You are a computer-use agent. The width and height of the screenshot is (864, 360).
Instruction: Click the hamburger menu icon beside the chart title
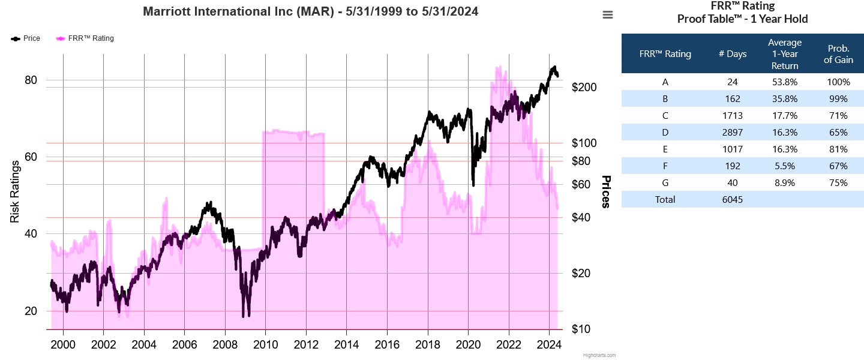click(x=608, y=15)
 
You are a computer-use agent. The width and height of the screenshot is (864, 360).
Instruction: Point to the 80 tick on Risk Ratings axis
click(x=31, y=80)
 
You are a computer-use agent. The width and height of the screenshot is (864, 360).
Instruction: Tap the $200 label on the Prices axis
click(x=584, y=87)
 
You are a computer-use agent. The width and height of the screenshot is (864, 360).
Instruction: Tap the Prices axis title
click(x=606, y=192)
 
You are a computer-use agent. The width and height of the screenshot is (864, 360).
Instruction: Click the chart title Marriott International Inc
click(x=311, y=11)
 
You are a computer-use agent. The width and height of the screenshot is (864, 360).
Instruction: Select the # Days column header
click(x=733, y=54)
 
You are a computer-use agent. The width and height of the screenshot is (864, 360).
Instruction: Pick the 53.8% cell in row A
click(x=785, y=82)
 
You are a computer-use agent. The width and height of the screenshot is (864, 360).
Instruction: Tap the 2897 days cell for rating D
click(x=733, y=133)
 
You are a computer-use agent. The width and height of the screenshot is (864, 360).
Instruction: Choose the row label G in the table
click(x=665, y=183)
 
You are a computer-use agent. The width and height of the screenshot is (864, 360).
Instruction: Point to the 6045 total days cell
click(x=733, y=200)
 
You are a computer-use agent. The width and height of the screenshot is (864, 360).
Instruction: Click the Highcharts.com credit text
click(x=599, y=355)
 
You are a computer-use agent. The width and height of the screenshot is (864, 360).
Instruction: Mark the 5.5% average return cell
click(x=785, y=166)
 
